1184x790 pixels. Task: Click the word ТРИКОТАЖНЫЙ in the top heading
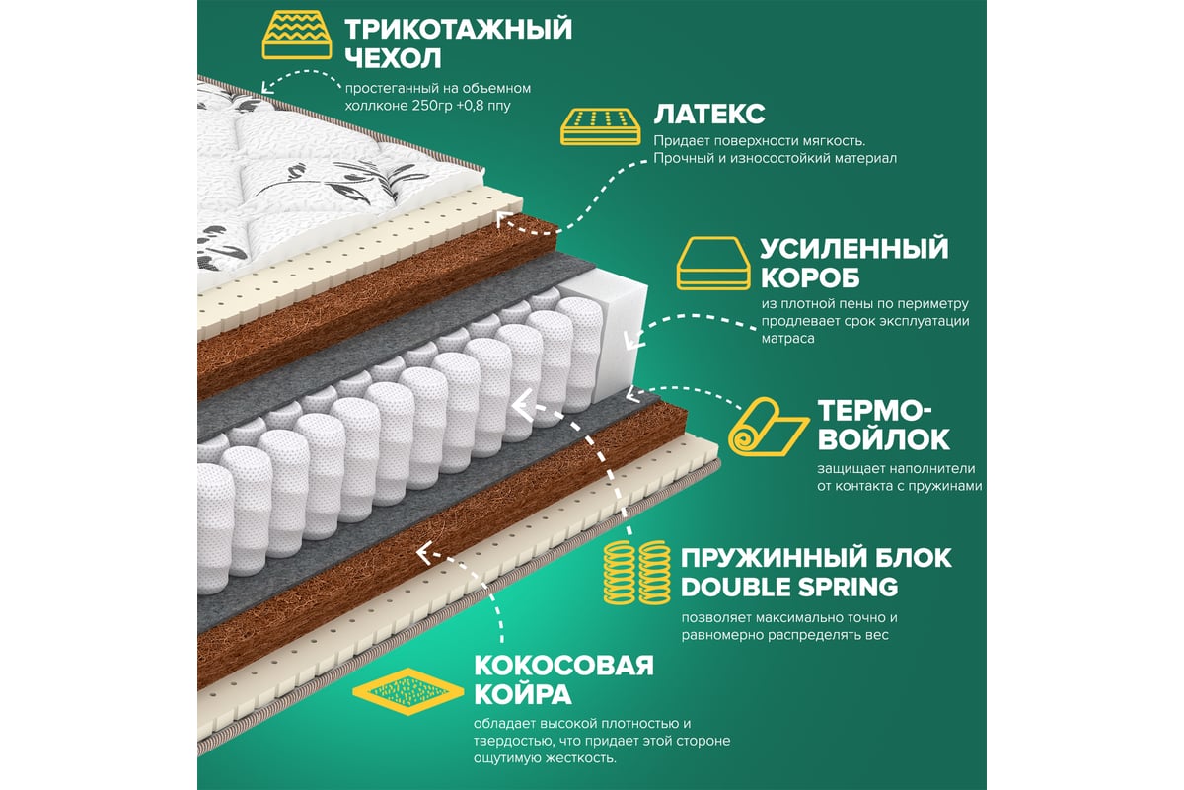click(x=458, y=29)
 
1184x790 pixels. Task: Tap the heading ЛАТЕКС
click(x=709, y=115)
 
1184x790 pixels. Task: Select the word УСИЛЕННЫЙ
click(x=854, y=249)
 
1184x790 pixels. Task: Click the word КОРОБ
click(x=810, y=278)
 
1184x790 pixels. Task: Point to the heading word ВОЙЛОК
click(x=883, y=439)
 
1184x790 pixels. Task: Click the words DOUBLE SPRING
click(x=789, y=588)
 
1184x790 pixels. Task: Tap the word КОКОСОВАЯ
click(x=564, y=666)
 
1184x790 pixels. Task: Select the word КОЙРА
click(x=523, y=694)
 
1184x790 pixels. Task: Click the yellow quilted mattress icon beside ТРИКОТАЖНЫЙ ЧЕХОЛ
click(x=297, y=35)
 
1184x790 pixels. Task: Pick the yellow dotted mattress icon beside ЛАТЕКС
click(x=601, y=127)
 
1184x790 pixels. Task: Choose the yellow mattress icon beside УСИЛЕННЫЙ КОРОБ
click(x=713, y=263)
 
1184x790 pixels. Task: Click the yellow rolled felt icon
click(x=768, y=427)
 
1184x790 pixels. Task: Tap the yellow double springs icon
click(x=637, y=573)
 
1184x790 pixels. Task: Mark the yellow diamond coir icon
click(x=407, y=691)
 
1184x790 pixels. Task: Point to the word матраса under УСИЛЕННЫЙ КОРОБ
click(x=787, y=339)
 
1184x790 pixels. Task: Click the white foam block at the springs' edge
click(x=616, y=334)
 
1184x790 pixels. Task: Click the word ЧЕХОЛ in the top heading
click(x=393, y=58)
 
